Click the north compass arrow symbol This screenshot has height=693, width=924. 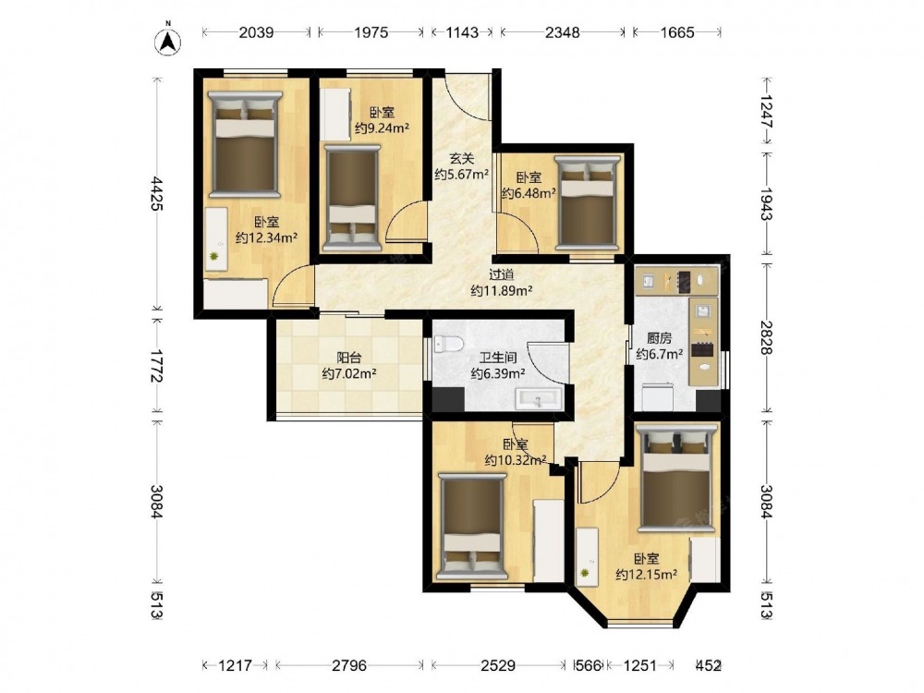coord(168,42)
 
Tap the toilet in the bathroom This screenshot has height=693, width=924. coord(448,344)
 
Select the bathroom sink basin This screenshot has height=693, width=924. coord(539,399)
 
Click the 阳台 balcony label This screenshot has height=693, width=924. coord(349,357)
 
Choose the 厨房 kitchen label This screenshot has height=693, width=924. coord(659,337)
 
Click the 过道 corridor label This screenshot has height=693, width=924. coord(502,274)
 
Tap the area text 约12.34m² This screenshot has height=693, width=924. coord(266,237)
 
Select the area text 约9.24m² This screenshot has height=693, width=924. coord(382,128)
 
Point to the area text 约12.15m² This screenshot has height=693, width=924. coord(646,574)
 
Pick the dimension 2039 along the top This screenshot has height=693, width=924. coord(256,32)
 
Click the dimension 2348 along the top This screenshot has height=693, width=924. coord(562,32)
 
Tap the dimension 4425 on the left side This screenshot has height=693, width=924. coord(157,193)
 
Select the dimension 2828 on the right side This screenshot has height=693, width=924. coord(766,337)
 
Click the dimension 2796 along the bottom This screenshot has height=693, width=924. coord(349,665)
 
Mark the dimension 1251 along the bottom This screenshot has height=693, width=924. coord(640,665)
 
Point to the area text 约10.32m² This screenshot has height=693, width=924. coord(515,460)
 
